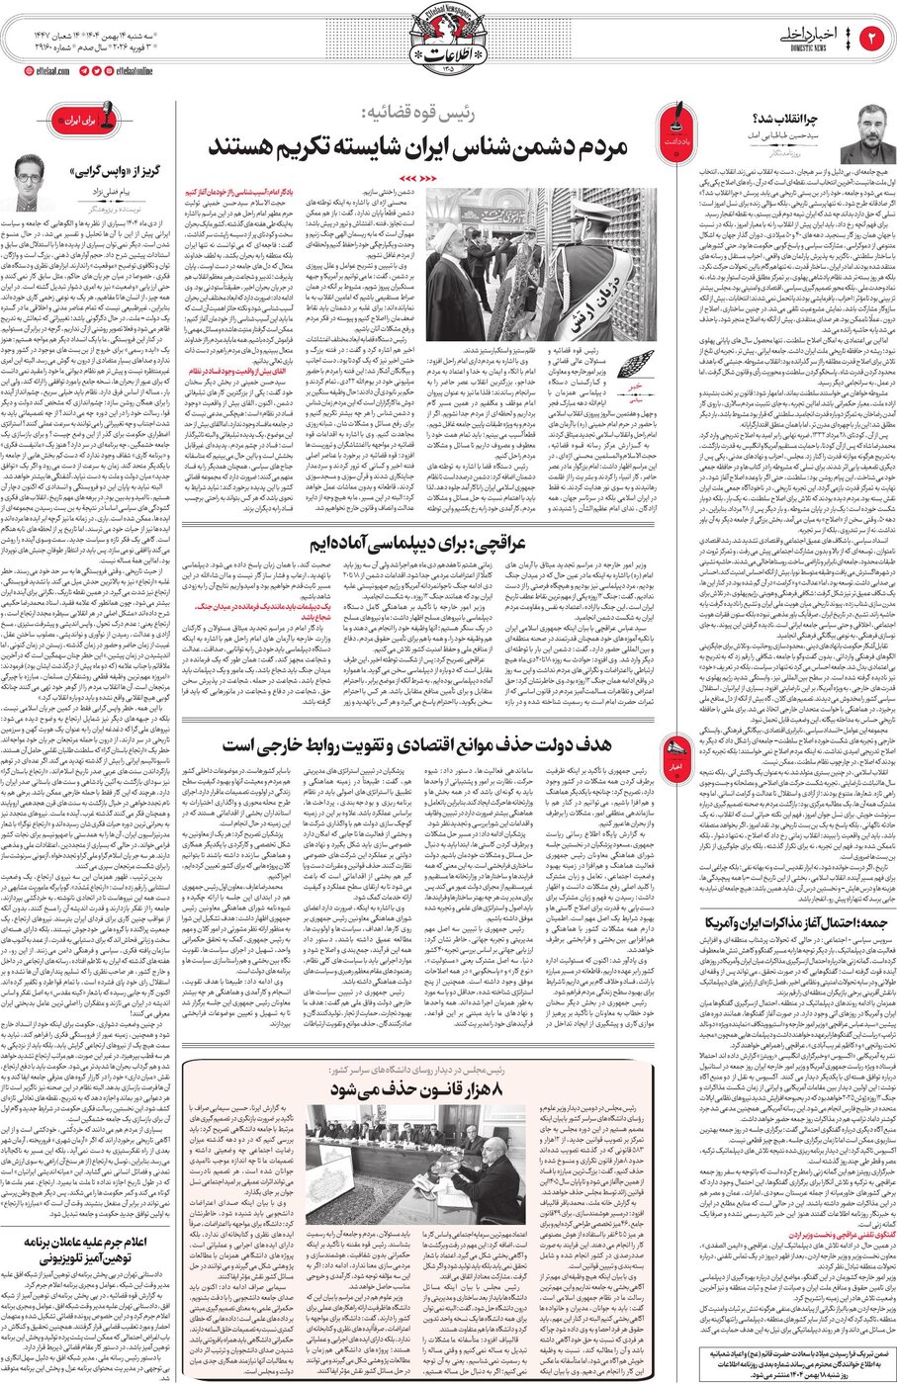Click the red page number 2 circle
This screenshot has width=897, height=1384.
tap(874, 39)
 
